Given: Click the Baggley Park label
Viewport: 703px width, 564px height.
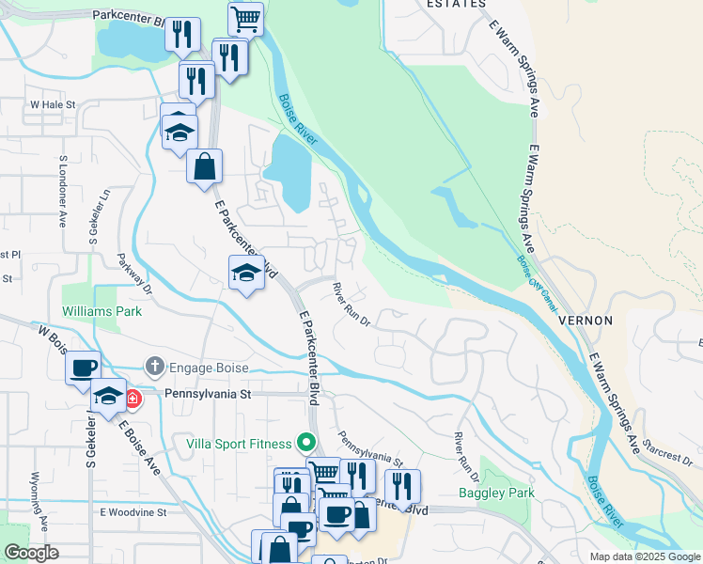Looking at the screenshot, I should tap(495, 493).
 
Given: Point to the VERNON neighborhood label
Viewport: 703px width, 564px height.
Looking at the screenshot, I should tap(585, 321).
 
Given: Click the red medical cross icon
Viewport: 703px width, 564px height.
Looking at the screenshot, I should tap(133, 398).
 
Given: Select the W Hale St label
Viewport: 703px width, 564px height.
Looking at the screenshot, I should tap(52, 104).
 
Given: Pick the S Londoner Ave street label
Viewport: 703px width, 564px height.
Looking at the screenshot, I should tap(66, 185).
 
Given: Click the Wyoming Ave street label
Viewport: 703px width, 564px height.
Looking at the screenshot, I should tap(39, 499).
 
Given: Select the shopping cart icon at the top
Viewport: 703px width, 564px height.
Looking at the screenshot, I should tap(245, 17).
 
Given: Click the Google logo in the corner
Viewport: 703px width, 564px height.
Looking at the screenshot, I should tap(31, 553).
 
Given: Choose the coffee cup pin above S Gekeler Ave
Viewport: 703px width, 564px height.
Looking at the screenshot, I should tap(84, 366).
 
